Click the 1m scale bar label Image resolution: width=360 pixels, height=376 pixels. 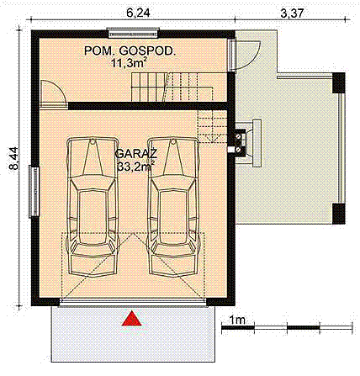point(238,319)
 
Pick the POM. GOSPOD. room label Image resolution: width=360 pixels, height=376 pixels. point(130,51)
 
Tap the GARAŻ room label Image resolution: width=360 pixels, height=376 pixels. point(134,154)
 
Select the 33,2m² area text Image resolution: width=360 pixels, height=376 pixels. point(135,167)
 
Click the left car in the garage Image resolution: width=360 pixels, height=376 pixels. point(93,206)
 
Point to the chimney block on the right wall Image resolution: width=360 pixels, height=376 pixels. point(243,140)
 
